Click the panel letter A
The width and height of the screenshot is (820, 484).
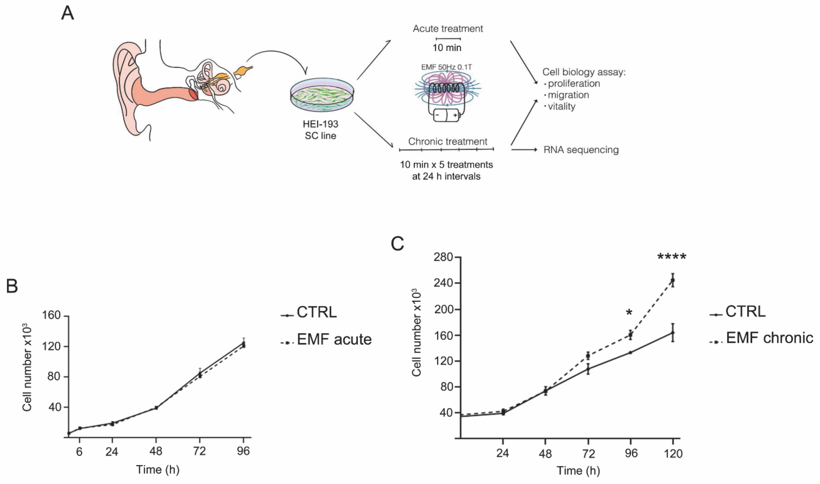(68, 14)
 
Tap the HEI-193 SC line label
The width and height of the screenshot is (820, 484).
(320, 130)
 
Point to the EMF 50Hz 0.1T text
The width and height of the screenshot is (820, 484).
(446, 67)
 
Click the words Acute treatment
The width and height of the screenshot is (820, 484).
(448, 29)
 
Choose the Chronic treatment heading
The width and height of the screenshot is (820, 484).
(448, 142)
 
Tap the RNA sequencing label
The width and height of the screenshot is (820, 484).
(581, 150)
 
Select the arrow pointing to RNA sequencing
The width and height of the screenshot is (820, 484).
(524, 150)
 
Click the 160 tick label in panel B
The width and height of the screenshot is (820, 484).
(51, 315)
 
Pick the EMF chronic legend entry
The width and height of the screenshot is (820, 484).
(769, 338)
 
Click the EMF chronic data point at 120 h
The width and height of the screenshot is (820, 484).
(672, 280)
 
